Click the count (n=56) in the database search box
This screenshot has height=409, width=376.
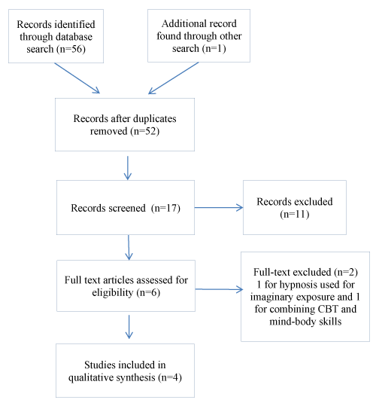[71, 49]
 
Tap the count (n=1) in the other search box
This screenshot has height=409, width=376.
[214, 48]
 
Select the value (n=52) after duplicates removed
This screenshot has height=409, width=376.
[145, 131]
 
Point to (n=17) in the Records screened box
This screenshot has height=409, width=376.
[165, 208]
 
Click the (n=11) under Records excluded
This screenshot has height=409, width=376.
[295, 214]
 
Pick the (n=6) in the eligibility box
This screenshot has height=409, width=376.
[148, 292]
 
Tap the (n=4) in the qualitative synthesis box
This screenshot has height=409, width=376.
[170, 377]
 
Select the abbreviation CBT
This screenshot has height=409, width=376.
[328, 309]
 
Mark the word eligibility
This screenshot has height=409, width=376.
[113, 293]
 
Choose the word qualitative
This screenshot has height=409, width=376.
[90, 377]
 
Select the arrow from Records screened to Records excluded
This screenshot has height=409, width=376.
[219, 208]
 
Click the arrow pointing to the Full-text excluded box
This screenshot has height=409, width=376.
[219, 289]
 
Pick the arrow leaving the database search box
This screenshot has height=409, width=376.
[77, 78]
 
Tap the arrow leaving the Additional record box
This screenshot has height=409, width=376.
[174, 78]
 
